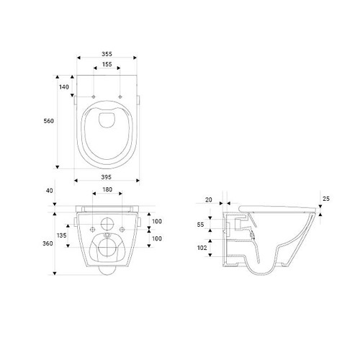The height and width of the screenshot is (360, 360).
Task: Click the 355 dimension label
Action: tap(107, 54)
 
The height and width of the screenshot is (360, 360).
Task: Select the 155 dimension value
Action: tap(107, 64)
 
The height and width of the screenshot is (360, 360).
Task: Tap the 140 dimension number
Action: tap(64, 87)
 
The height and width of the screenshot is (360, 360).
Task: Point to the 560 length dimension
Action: tap(49, 121)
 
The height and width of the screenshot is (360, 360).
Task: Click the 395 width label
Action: tap(107, 177)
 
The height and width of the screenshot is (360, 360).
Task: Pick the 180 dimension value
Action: tap(107, 189)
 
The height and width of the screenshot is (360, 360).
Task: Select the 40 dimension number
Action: tap(50, 191)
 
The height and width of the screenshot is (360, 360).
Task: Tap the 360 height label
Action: tap(48, 243)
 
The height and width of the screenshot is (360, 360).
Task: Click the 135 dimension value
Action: tap(62, 235)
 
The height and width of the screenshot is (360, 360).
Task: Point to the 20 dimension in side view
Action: tap(209, 199)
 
